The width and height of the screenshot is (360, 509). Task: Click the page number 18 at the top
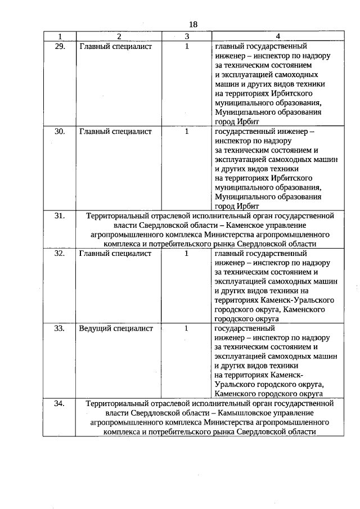click(193, 24)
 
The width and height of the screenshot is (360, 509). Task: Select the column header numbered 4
click(277, 36)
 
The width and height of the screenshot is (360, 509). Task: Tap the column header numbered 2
click(119, 36)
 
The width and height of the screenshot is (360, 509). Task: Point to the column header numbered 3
click(186, 36)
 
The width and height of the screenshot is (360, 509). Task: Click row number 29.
click(59, 46)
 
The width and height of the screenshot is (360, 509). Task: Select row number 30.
click(59, 132)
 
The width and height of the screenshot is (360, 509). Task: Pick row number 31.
click(59, 215)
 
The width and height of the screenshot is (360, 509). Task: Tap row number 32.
click(59, 254)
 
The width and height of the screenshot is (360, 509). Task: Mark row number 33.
click(59, 328)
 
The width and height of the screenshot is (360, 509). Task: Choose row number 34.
click(59, 403)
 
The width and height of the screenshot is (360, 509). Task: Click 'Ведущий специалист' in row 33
click(116, 328)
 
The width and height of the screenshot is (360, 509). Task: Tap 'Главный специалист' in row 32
click(115, 254)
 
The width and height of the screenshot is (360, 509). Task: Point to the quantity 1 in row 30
click(186, 132)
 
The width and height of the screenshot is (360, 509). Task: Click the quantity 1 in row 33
click(186, 328)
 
